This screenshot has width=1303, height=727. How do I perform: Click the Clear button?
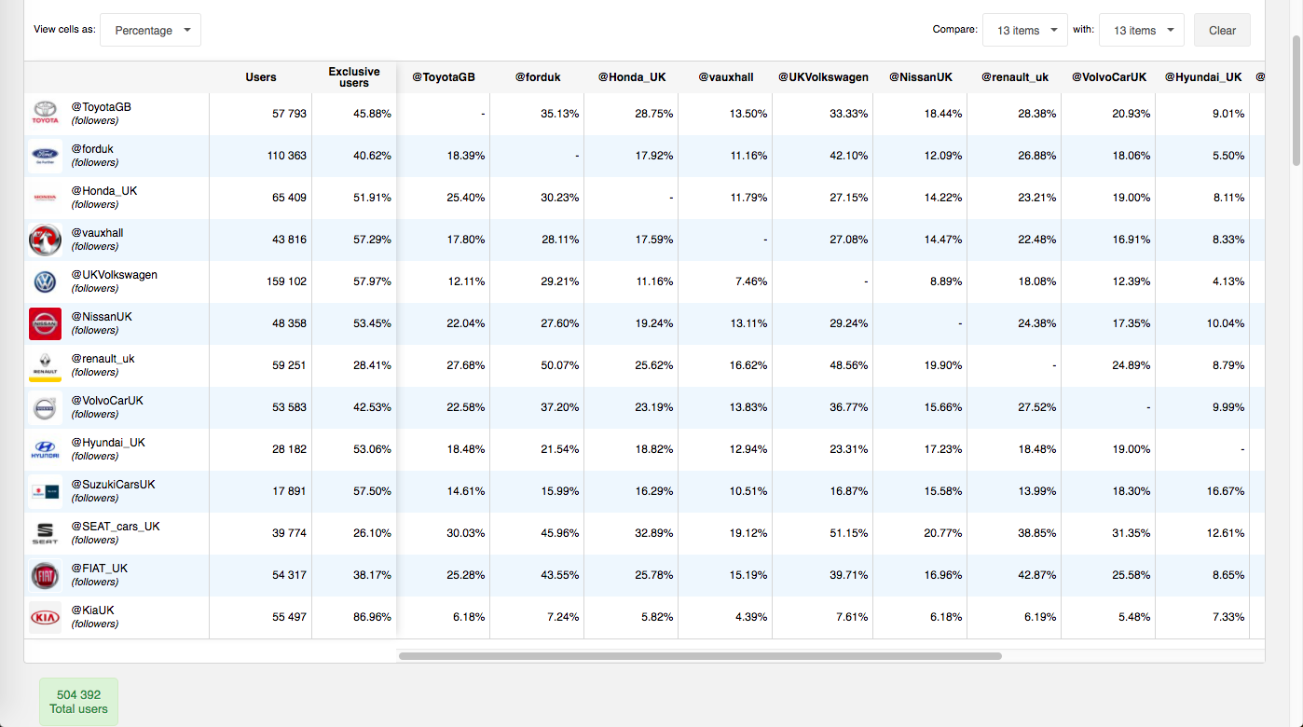click(x=1222, y=30)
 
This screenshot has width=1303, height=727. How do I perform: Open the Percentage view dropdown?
click(x=150, y=30)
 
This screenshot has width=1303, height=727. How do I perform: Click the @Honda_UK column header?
click(x=632, y=77)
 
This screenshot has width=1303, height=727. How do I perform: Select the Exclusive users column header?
click(x=354, y=77)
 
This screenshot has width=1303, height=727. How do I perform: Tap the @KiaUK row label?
click(x=93, y=610)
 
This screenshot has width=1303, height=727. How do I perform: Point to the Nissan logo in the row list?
click(x=45, y=323)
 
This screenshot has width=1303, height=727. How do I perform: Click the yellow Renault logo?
click(x=45, y=365)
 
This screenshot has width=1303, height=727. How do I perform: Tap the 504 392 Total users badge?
click(x=78, y=702)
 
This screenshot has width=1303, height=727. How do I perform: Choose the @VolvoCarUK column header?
click(x=1109, y=77)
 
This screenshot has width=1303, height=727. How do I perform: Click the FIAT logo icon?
click(x=45, y=576)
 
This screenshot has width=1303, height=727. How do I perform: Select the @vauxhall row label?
click(x=97, y=233)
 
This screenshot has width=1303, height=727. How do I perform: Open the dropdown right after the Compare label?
click(x=1025, y=30)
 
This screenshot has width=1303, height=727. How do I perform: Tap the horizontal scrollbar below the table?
click(x=699, y=656)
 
